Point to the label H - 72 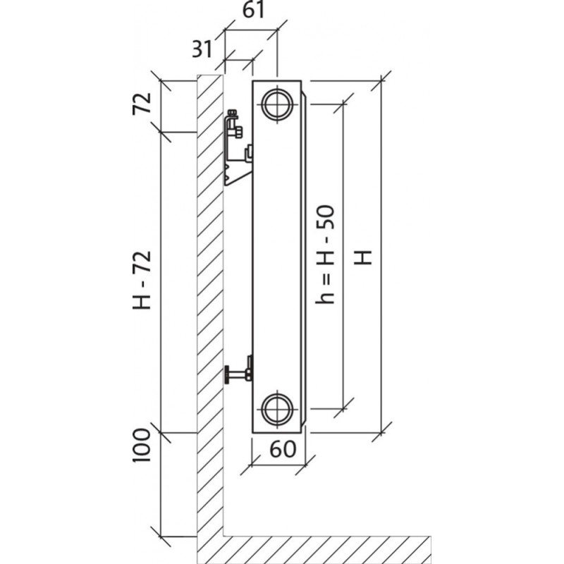tap(143, 282)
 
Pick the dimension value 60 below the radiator tap(281, 450)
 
